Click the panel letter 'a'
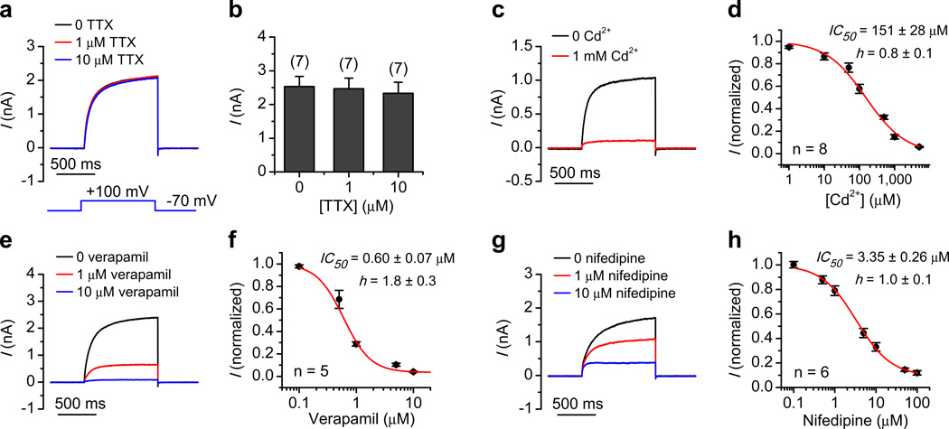point(7,10)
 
